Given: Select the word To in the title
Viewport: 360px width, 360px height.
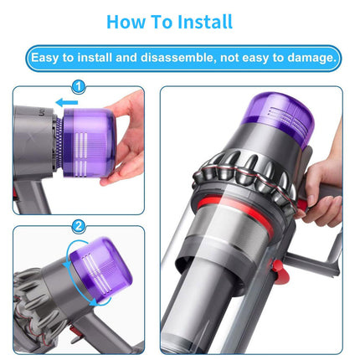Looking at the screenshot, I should (x=164, y=21).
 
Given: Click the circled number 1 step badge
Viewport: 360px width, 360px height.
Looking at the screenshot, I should (x=79, y=86).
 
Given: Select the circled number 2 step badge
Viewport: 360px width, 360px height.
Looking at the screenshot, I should (x=79, y=225).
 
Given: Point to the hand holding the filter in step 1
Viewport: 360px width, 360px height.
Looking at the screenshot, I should (x=126, y=138).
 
